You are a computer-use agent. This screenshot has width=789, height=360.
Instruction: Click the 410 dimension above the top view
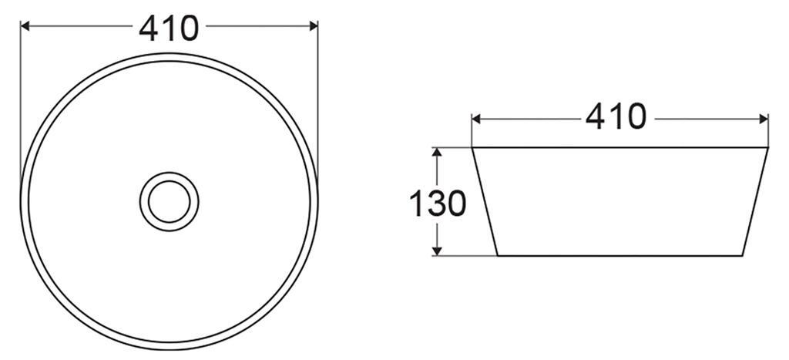[x=169, y=29]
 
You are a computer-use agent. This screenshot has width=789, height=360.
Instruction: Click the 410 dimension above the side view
[x=616, y=117]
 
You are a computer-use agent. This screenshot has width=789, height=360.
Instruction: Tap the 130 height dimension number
[x=437, y=204]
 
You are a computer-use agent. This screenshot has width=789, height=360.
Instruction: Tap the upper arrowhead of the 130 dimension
[x=437, y=152]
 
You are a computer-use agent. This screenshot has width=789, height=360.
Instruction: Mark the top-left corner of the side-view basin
[x=472, y=147]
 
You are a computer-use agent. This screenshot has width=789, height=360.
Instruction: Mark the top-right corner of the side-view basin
[x=768, y=147]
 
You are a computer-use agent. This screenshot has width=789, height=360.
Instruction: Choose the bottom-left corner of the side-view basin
[x=496, y=255]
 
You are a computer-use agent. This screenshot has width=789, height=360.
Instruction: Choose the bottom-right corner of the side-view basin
[x=743, y=255]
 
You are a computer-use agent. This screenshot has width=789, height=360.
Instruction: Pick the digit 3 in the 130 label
[x=437, y=204]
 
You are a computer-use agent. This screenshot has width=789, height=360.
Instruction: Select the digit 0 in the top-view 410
[x=188, y=29]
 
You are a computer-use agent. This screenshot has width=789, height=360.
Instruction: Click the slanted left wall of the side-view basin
[x=484, y=201]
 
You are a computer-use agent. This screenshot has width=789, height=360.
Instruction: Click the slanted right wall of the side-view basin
[x=756, y=201]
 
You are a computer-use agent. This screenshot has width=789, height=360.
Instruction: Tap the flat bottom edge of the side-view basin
[x=619, y=255]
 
